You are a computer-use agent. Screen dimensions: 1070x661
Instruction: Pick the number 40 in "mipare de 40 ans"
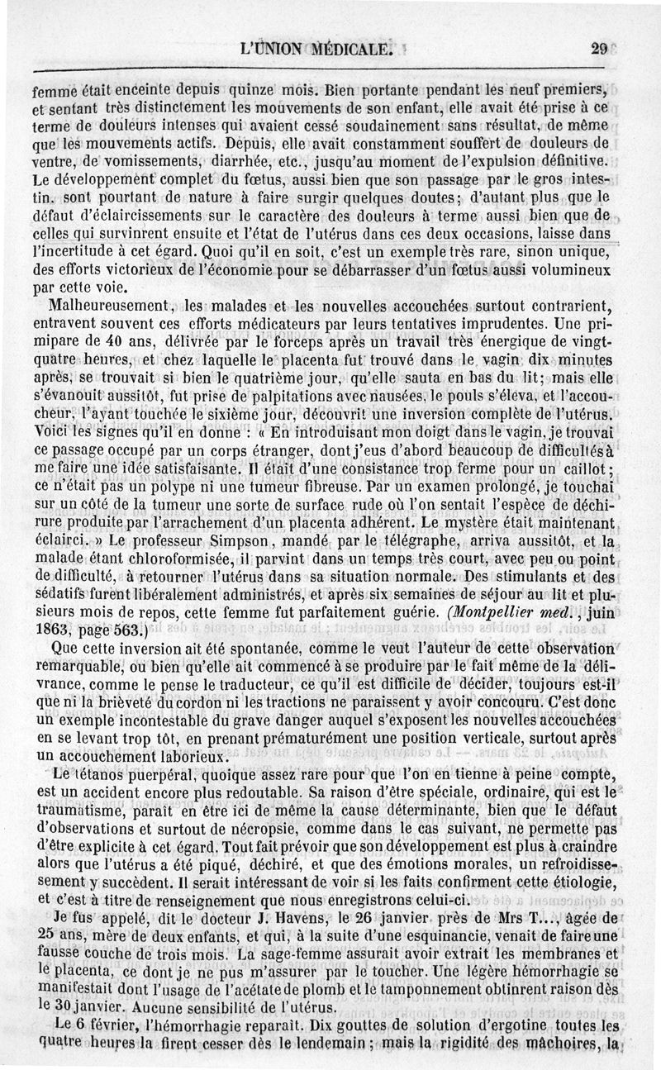click(x=121, y=340)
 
